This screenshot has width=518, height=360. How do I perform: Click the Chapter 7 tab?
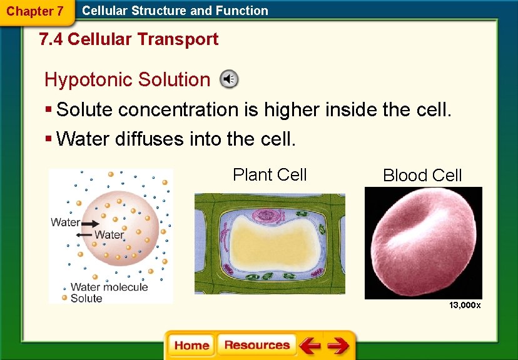34,11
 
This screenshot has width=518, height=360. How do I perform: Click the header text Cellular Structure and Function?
175,11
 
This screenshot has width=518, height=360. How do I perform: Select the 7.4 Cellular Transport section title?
128,39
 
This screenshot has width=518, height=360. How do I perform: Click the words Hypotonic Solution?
127,80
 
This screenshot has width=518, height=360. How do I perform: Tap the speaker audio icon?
229,79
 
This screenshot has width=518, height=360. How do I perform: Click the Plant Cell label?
270,175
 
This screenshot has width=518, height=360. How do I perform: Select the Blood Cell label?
422,176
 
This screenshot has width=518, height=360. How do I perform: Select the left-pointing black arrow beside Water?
84,235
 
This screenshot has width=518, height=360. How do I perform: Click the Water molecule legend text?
109,287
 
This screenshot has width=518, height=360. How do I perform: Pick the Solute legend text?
86,299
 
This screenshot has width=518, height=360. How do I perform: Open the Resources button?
256,346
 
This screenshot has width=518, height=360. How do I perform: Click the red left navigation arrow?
309,346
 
